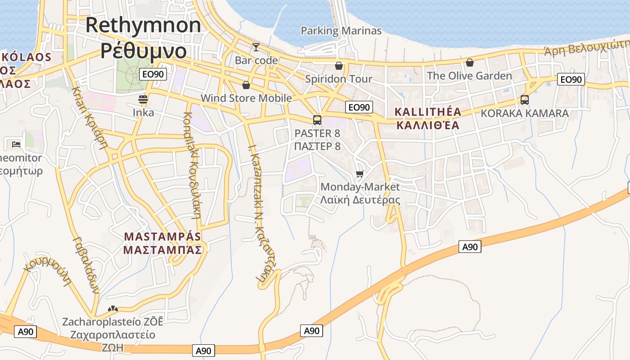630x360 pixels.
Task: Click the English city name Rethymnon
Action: [x=143, y=25]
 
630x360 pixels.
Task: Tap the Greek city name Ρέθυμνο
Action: [x=143, y=50]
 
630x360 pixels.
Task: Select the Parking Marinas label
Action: [x=341, y=31]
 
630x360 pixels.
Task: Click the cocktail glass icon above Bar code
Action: [x=256, y=47]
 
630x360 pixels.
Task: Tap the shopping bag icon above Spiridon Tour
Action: [x=339, y=66]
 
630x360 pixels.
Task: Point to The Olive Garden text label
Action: [x=469, y=76]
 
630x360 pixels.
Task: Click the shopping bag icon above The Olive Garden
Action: [x=470, y=63]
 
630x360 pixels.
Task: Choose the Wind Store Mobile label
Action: [x=246, y=98]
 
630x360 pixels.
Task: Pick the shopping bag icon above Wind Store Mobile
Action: [x=246, y=85]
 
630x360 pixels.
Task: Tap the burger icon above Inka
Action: [x=143, y=99]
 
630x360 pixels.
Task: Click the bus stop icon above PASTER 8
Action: [x=317, y=120]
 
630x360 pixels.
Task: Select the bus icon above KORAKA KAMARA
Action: [x=525, y=100]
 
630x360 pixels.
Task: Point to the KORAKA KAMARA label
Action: [x=525, y=113]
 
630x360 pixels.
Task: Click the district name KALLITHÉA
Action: [x=427, y=112]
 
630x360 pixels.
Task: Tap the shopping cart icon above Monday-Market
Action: [x=360, y=174]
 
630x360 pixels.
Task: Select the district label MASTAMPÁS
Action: [x=162, y=237]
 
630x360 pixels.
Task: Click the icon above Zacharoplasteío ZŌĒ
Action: [x=112, y=309]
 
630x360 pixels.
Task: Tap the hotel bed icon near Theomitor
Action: [x=16, y=144]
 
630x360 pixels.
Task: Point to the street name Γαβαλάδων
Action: [x=85, y=265]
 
